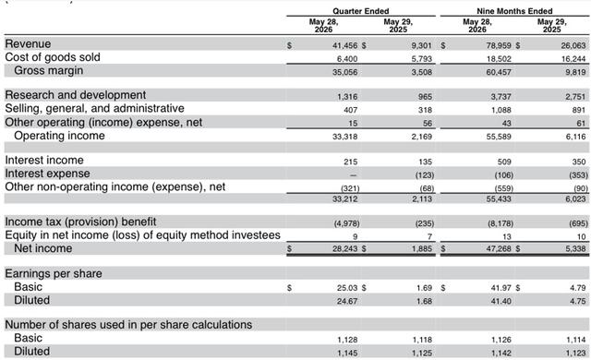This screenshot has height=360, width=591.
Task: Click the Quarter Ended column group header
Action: click(x=361, y=11)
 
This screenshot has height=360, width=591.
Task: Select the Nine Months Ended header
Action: click(x=514, y=11)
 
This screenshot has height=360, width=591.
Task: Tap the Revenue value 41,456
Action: click(x=344, y=45)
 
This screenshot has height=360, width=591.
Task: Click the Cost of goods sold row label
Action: click(x=53, y=57)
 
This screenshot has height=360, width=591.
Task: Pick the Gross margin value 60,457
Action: click(x=499, y=72)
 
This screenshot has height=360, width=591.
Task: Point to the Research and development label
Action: click(x=76, y=95)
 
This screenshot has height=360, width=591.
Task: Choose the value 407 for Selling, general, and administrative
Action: click(x=351, y=110)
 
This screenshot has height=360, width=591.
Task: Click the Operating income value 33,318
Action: click(x=344, y=137)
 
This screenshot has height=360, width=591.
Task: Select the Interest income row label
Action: click(x=44, y=160)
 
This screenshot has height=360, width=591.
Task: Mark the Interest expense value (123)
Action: click(x=425, y=175)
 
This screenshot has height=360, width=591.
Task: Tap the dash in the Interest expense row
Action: click(x=353, y=175)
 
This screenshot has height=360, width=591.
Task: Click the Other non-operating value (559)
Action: click(x=503, y=188)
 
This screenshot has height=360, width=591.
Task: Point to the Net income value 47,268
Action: click(x=499, y=248)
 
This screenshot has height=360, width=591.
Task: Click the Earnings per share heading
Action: click(x=54, y=273)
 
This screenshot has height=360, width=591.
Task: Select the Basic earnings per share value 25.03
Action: click(x=347, y=288)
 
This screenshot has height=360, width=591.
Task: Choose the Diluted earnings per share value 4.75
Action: click(x=578, y=301)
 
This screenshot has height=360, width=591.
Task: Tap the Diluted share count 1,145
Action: click(x=347, y=353)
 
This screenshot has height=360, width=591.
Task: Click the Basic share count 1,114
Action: click(x=576, y=340)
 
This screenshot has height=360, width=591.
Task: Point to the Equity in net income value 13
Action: click(x=507, y=237)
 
